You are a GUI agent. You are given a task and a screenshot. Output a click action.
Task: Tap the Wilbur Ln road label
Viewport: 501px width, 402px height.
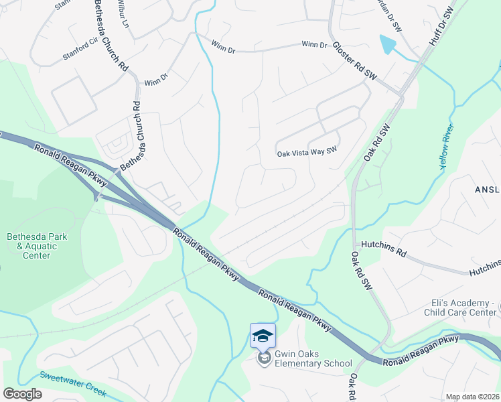coord(122,13)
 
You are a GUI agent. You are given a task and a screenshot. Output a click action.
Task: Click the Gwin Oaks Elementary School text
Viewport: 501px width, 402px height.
coord(313,364)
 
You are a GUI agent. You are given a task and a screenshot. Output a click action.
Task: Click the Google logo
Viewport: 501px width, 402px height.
coord(23,394)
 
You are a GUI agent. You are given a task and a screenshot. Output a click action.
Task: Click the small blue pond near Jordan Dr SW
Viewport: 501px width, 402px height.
coord(386,45)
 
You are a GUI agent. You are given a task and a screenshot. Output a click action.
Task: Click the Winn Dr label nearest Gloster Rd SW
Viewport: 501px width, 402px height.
coord(314,45)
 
